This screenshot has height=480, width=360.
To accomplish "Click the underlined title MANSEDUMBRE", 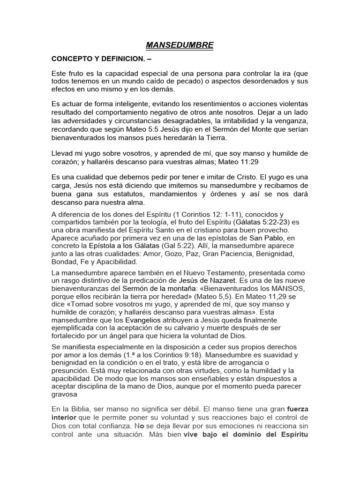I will (180, 45).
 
